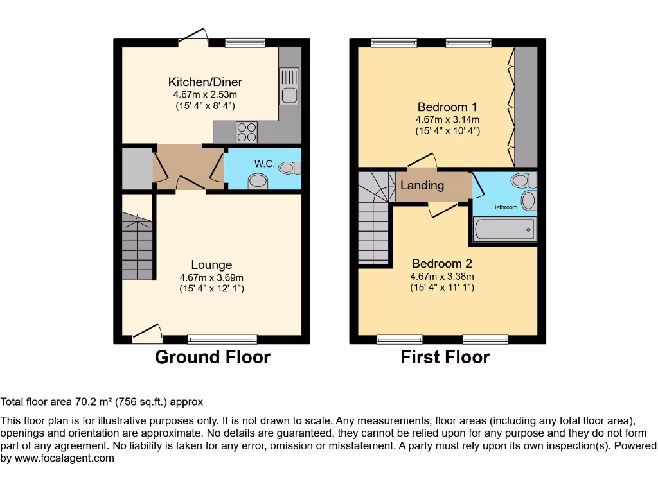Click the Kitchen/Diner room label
pyautogui.click(x=205, y=82)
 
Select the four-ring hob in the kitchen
pyautogui.click(x=246, y=132)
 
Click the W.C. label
pyautogui.click(x=265, y=164)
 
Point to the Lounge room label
pyautogui.click(x=211, y=264)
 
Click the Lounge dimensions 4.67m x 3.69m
pyautogui.click(x=211, y=277)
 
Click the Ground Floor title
pyautogui.click(x=213, y=357)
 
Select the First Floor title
pyautogui.click(x=445, y=357)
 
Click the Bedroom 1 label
pyautogui.click(x=447, y=107)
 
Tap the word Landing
pyautogui.click(x=422, y=186)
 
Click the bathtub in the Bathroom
pyautogui.click(x=504, y=229)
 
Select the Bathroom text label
pyautogui.click(x=504, y=207)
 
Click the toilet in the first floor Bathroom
pyautogui.click(x=524, y=179)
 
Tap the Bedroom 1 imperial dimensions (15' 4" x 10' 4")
pyautogui.click(x=447, y=131)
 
